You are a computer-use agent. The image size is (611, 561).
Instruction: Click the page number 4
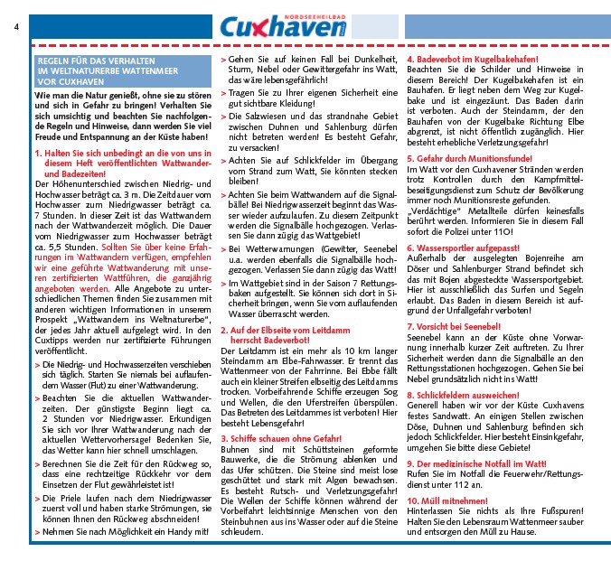(16, 26)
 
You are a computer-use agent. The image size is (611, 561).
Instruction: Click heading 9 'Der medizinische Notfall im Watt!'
(487, 463)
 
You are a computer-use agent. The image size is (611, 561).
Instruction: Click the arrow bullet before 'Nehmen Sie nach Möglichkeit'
(37, 532)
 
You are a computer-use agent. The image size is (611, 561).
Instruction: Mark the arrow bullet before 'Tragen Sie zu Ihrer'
(223, 91)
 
